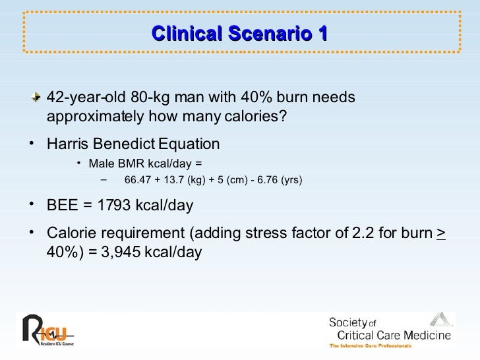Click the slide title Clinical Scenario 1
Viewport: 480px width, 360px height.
(x=239, y=34)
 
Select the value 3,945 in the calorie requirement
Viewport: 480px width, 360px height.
(x=133, y=251)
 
